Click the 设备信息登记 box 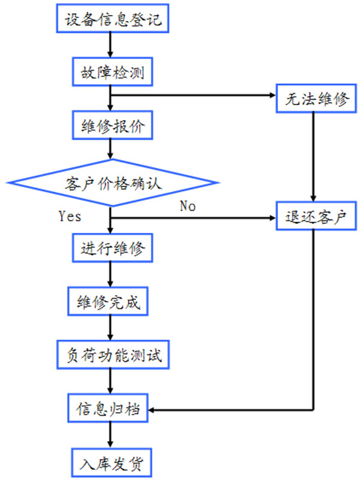[x=112, y=20]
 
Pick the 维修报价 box [x=112, y=127]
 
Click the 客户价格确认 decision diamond [x=112, y=182]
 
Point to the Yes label [x=70, y=216]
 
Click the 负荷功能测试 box [x=112, y=356]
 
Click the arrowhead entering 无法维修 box [x=271, y=96]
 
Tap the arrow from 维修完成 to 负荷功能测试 [x=111, y=329]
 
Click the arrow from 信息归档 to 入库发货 [x=111, y=436]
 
